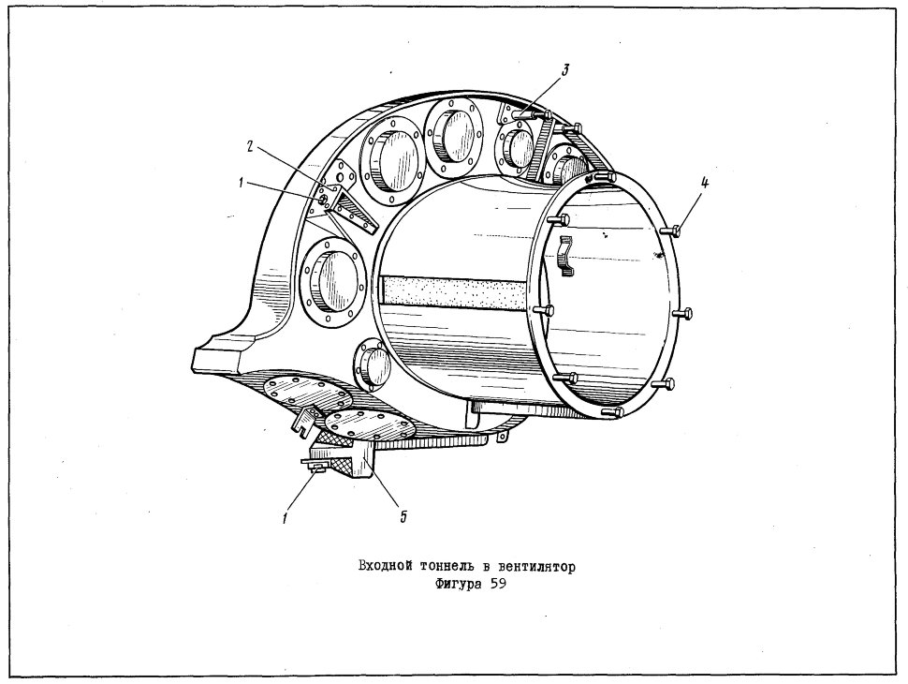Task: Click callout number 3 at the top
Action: tap(564, 70)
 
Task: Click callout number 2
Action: tap(250, 147)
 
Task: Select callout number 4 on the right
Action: tap(704, 183)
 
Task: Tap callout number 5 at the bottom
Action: tap(403, 515)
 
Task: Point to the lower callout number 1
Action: tap(286, 516)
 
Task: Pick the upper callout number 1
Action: tap(241, 183)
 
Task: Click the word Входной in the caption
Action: tap(382, 566)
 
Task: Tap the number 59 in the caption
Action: tap(498, 585)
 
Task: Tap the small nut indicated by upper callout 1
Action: tap(323, 200)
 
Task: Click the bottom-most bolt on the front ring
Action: tap(611, 412)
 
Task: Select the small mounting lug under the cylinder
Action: tap(503, 436)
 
